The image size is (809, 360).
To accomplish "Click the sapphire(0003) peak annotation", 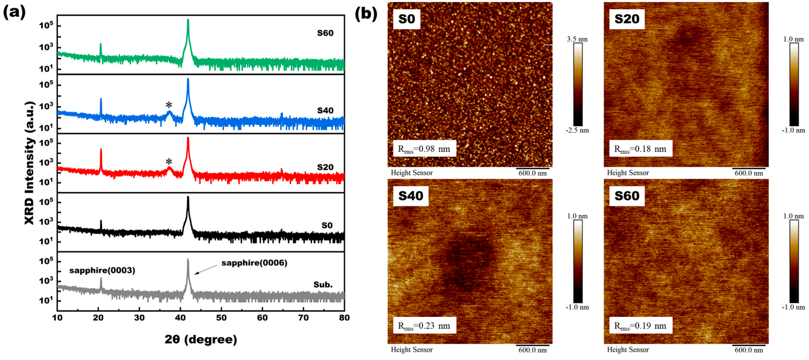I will click(102, 271).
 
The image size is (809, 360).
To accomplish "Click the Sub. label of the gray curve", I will click(323, 285).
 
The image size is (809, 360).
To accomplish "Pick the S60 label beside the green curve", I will click(325, 33).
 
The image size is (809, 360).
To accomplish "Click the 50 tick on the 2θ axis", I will click(221, 318).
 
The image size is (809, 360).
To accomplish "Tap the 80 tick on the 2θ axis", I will click(344, 318).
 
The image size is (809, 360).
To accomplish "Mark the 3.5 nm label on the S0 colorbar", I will click(577, 39).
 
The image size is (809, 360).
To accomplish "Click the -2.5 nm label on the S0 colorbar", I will click(577, 130).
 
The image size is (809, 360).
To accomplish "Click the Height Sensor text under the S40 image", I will click(411, 349).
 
